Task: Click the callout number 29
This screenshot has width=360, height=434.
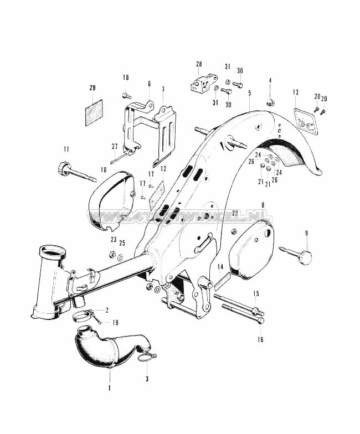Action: point(92,88)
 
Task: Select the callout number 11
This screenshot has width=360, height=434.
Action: point(66,149)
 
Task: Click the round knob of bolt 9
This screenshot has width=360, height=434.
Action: point(304,257)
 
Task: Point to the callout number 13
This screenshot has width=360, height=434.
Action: point(296,92)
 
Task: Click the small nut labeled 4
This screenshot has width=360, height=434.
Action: point(270,102)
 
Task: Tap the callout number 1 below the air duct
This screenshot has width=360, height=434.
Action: point(110,388)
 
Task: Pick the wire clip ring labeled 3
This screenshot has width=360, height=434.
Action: point(147,358)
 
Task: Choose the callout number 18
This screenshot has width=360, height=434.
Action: point(125,77)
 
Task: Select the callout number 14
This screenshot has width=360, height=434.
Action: point(220,267)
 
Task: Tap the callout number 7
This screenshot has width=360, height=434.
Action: point(163,89)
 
